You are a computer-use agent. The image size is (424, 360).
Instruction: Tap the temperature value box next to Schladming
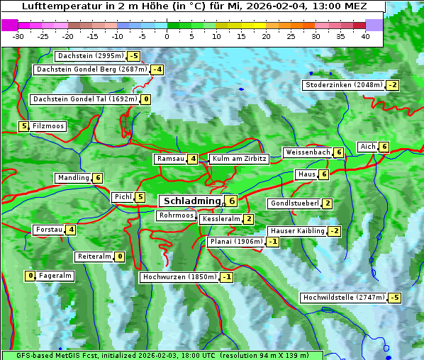(x=232, y=201)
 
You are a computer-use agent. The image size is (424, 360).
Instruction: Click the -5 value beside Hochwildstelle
(x=394, y=298)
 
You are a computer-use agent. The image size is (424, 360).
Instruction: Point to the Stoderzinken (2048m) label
(x=344, y=85)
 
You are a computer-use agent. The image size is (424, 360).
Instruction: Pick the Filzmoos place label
(x=48, y=126)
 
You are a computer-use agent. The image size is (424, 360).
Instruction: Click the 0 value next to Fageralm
(x=30, y=276)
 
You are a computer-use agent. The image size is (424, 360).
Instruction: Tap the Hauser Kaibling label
(x=297, y=231)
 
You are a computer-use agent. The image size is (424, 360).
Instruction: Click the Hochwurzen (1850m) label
(x=179, y=277)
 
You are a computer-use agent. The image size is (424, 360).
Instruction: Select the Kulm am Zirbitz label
(x=239, y=159)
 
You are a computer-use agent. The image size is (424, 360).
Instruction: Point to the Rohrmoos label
(x=176, y=215)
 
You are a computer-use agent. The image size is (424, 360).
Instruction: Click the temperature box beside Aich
(x=384, y=147)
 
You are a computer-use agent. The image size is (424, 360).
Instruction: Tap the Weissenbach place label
(x=308, y=152)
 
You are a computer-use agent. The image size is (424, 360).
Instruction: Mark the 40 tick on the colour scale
(x=365, y=36)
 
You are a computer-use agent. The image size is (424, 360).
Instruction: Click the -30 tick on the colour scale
(x=18, y=36)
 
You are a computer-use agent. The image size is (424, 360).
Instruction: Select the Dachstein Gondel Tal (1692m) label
(x=85, y=99)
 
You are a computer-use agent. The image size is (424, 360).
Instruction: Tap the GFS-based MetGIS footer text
(x=71, y=355)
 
